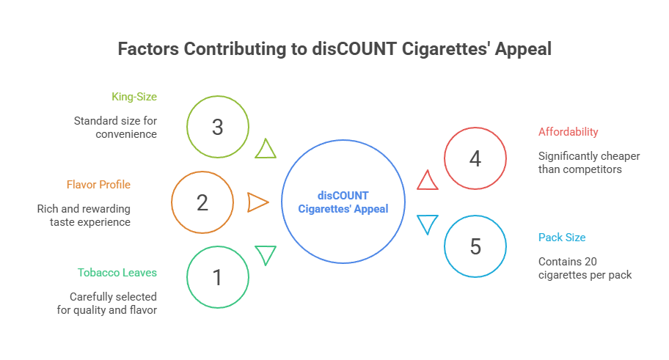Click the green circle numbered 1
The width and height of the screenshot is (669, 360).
(x=217, y=276)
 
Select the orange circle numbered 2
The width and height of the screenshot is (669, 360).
(x=202, y=202)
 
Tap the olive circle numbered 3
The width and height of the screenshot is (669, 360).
(x=217, y=127)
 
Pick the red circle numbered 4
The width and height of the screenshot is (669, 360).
(x=475, y=158)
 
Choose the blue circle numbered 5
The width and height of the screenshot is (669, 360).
(x=475, y=247)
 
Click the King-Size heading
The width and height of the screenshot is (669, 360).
(x=134, y=96)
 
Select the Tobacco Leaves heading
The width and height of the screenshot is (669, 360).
(x=117, y=273)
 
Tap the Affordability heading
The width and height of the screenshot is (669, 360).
(x=568, y=132)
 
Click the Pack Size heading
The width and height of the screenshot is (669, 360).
(x=562, y=238)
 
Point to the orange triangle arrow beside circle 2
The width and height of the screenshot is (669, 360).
(x=257, y=202)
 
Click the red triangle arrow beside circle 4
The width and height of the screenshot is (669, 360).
(x=427, y=180)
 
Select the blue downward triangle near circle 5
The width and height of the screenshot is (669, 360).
(x=427, y=224)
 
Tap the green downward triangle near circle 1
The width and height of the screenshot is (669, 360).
(x=266, y=254)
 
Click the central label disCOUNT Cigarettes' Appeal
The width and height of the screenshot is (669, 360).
(x=343, y=202)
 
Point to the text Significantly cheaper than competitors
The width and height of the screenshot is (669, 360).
(x=589, y=163)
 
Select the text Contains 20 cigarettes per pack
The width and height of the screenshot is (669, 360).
(x=585, y=268)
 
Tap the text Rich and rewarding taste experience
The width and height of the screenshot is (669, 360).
(x=84, y=216)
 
